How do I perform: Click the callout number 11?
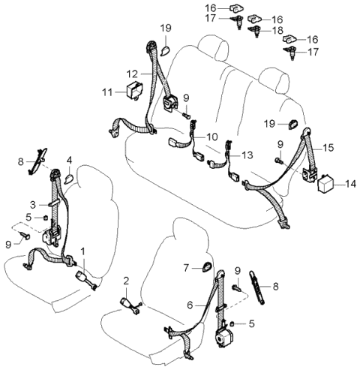click(108, 92)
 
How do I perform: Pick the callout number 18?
click(277, 32)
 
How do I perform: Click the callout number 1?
click(83, 251)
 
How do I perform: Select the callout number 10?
click(212, 137)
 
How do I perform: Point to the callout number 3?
click(32, 204)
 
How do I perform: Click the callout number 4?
click(70, 159)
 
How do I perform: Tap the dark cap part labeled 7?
click(207, 265)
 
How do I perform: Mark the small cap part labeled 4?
click(67, 178)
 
